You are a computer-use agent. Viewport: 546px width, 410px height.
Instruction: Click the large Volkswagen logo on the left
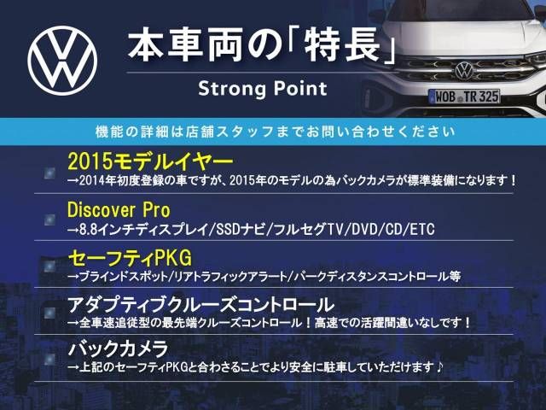62,61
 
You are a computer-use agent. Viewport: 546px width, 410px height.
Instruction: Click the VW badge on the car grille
464,70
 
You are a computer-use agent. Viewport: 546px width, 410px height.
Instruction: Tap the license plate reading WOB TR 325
465,97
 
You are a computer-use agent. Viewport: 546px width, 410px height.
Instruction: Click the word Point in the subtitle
300,89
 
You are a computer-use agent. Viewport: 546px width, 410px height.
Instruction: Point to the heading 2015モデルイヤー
150,161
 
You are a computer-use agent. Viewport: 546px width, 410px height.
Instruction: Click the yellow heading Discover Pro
119,210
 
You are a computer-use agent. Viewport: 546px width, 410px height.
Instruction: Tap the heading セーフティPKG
130,258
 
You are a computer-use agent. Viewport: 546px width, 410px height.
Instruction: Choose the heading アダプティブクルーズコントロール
201,305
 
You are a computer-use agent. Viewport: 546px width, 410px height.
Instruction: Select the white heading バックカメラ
119,349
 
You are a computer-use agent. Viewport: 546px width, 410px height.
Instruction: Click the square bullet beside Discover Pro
49,220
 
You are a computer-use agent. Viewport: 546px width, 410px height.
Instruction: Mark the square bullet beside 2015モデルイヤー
49,173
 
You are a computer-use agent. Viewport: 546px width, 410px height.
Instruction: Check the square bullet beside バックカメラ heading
49,359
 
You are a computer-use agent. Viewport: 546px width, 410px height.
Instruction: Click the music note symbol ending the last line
439,366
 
